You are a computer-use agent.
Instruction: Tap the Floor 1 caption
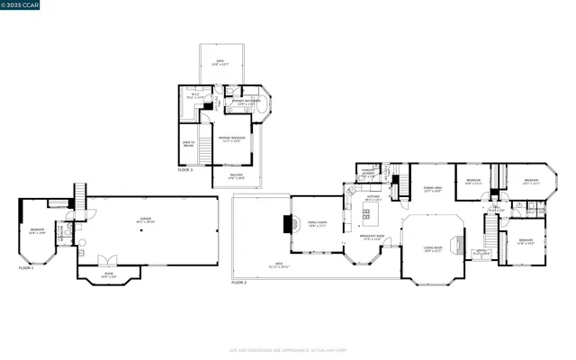point(27,268)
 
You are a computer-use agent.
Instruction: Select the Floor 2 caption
point(238,283)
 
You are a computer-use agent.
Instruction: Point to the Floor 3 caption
point(184,169)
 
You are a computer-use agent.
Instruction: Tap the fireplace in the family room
point(287,224)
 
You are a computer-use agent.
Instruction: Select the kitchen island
point(366,214)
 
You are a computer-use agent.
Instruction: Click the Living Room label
point(433,249)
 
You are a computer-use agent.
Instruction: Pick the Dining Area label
point(432,189)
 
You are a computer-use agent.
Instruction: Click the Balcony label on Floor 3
point(236,176)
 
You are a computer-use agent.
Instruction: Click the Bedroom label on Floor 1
point(37,231)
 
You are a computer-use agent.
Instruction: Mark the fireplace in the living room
point(460,243)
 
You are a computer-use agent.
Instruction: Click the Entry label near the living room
point(481,254)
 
